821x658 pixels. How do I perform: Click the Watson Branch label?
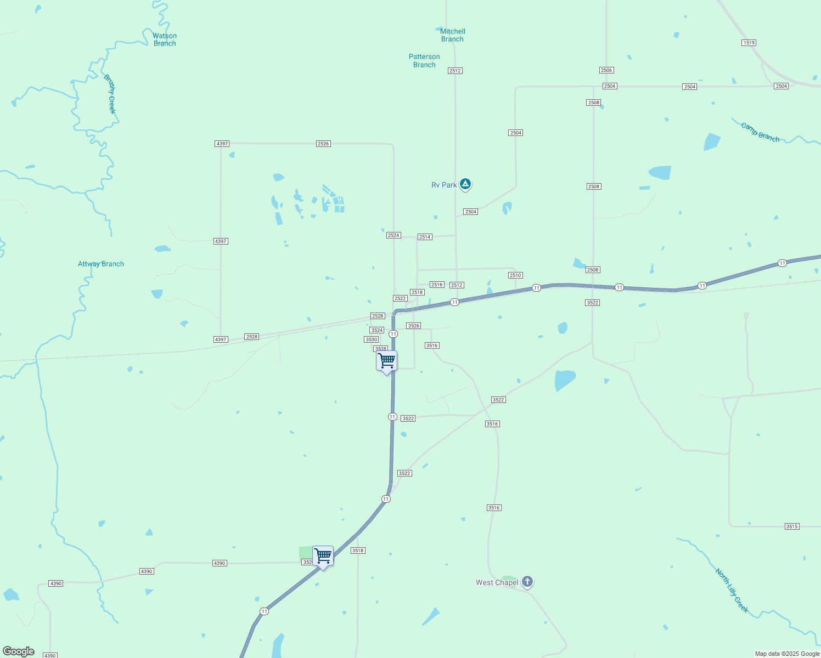pos(165,39)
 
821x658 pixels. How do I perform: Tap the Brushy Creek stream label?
pos(110,94)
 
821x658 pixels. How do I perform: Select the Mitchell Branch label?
pos(452,35)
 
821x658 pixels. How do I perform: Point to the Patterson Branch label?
pos(424,60)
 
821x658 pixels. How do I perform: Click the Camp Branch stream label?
pos(760,132)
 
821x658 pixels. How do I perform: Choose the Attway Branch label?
pos(101,264)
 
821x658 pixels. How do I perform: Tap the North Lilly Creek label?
pos(732,590)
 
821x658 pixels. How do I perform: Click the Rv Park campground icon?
pos(465,184)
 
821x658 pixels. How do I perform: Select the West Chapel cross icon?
pos(527,581)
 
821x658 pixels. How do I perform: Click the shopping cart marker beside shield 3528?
pos(387,361)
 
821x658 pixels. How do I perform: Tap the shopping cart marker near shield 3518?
pos(323,556)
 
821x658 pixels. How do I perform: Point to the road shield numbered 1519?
pos(749,43)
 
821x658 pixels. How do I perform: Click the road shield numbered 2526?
pos(323,144)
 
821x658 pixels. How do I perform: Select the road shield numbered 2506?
pos(606,70)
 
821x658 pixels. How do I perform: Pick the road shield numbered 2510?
pos(515,275)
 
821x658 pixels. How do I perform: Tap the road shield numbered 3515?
pos(791,526)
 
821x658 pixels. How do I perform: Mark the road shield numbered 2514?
pos(425,237)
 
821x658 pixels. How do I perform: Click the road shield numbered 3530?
pos(372,339)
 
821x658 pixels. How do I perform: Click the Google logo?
pos(19,651)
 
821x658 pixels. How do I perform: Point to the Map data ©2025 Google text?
pos(787,654)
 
